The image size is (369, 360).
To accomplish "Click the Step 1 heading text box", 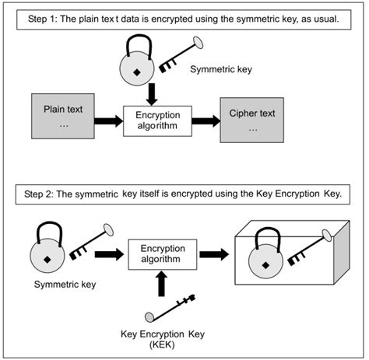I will [184, 19].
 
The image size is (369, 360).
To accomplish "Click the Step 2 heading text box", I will [184, 192].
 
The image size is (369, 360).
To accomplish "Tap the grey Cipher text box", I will [251, 120].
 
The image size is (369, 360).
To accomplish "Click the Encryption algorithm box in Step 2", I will [162, 253].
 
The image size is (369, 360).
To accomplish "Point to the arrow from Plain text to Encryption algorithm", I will [106, 121].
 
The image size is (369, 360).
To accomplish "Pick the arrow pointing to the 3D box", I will [214, 253].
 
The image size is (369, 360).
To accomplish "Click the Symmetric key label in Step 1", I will [222, 70].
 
